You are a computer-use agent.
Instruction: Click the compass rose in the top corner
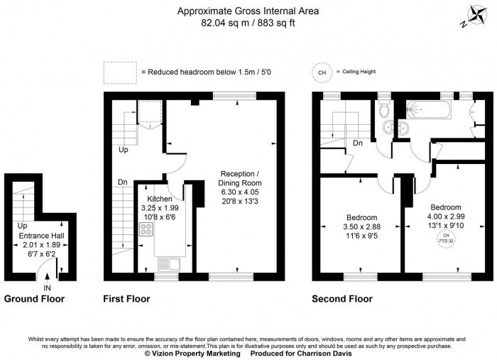471,16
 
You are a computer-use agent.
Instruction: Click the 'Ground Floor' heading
34,299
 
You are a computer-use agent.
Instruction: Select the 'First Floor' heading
126,299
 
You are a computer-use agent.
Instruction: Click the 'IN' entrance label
47,288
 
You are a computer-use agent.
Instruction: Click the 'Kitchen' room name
160,199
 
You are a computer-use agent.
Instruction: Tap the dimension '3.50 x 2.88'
362,227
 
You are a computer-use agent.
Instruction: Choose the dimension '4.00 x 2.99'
446,216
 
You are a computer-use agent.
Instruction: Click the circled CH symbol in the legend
322,72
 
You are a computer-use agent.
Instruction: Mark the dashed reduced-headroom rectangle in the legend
120,71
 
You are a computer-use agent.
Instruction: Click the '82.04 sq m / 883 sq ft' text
248,23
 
